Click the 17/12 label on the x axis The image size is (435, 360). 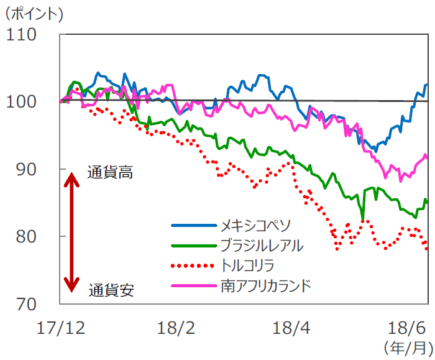[60, 327]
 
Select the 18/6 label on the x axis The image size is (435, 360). [406, 327]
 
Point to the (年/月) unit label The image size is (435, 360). [406, 346]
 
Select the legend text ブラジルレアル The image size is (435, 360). [262, 245]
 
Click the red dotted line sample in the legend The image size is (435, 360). [193, 266]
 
